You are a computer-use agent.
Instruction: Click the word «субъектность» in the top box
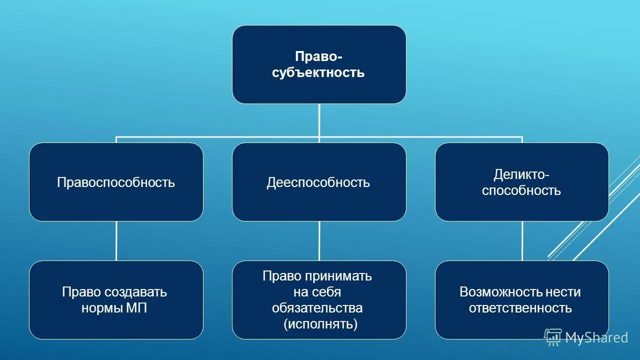click(318, 73)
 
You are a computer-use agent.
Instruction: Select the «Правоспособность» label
click(116, 182)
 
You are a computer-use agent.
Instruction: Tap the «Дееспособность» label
click(318, 182)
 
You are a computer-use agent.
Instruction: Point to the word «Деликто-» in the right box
click(521, 174)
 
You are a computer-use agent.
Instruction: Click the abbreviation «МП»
click(137, 308)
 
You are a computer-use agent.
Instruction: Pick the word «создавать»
click(137, 292)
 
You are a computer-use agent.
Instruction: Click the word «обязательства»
click(317, 308)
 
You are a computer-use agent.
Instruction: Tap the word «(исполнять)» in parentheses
click(320, 324)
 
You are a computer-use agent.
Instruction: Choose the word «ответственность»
click(520, 308)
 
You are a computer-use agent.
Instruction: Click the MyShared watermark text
click(596, 338)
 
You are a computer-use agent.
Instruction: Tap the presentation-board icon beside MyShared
click(552, 337)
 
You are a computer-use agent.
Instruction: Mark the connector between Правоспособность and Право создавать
click(116, 241)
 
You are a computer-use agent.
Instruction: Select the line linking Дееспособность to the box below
click(319, 241)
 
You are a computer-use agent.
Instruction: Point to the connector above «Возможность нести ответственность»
click(522, 241)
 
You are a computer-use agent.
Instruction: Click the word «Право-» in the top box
click(318, 56)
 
